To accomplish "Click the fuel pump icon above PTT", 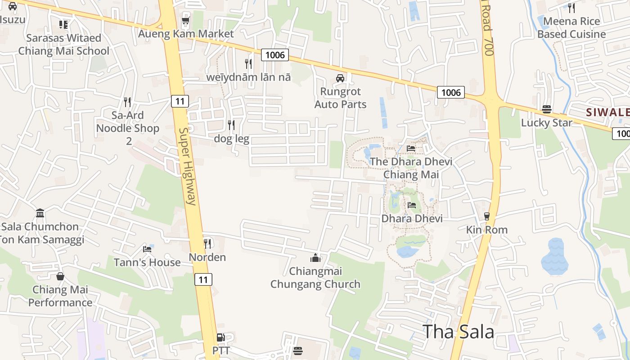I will point(220,337).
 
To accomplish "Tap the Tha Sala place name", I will point(459,332).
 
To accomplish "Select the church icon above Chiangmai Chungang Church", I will point(315,258).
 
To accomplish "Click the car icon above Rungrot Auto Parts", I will point(340,78).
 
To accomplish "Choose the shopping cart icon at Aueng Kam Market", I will point(185,21).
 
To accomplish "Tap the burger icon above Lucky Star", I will point(547,109).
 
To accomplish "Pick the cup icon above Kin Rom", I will point(486,216).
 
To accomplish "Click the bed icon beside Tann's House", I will point(147,249).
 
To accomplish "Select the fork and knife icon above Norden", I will point(207,244).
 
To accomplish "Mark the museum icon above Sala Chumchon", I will point(40,213).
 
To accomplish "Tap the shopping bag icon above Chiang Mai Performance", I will point(60,276).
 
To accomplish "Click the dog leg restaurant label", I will point(231,138).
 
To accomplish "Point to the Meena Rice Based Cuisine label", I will point(571,27).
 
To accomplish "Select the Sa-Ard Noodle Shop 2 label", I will point(128,128).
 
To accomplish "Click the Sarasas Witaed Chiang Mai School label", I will point(63,44).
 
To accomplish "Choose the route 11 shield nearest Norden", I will point(203,279).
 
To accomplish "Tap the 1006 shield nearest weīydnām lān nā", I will point(275,55).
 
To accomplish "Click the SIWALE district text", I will point(607,112).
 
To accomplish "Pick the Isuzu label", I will point(12,19).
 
